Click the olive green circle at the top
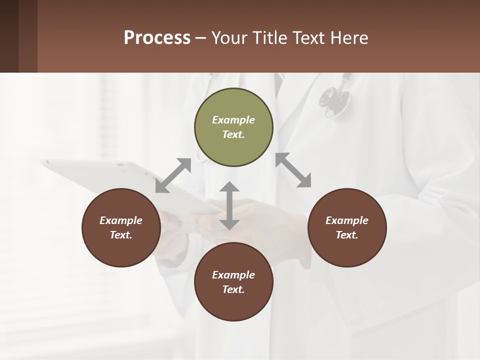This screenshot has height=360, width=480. point(233,127)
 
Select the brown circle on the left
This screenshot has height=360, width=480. point(121,227)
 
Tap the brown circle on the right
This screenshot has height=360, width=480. point(347,227)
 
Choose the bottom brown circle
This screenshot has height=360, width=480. point(233,282)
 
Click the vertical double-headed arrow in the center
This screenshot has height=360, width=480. point(229,205)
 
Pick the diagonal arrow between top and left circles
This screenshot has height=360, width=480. point(173,175)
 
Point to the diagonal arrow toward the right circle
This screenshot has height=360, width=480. point(293,170)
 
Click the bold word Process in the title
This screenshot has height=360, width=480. point(157,38)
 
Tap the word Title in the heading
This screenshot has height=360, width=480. point(268,38)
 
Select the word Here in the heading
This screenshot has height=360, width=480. point(350,38)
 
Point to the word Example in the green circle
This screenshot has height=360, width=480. point(233,120)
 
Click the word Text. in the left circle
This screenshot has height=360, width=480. point(121,235)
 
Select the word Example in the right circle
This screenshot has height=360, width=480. point(347,220)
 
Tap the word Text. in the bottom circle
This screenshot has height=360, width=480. point(233,289)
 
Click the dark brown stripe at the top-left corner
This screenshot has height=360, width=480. point(9,36)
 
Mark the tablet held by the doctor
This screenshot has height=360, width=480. point(125,185)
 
